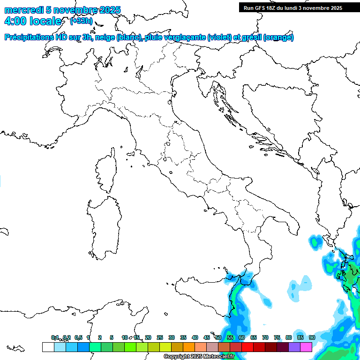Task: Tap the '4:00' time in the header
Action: pos(14,21)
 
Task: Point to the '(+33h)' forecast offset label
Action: pos(81,21)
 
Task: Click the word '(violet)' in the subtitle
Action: pos(221,37)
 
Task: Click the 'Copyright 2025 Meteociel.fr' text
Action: pos(199,357)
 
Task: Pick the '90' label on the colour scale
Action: pos(312,337)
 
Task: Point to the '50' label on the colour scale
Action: pos(218,337)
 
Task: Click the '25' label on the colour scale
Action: pos(160,337)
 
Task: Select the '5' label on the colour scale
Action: pos(112,337)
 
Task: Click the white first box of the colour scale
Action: pos(48,347)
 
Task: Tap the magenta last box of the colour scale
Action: pos(306,347)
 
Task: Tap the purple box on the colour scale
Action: pos(294,347)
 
